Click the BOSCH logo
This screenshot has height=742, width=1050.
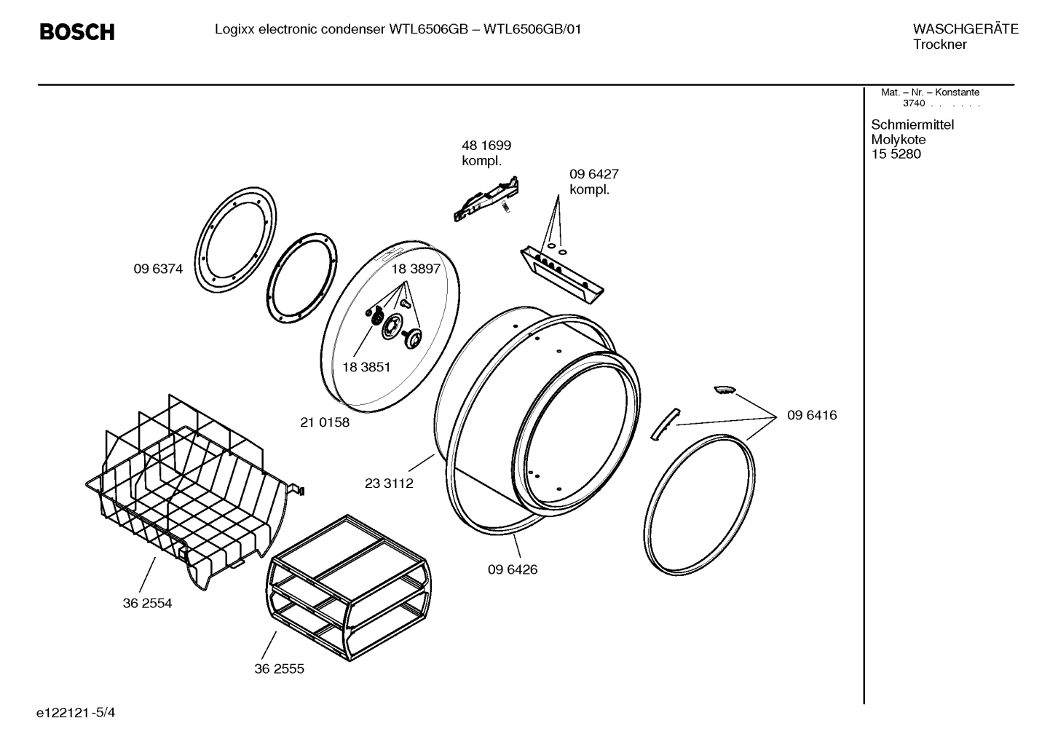pyautogui.click(x=76, y=32)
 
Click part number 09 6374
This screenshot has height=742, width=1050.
pyautogui.click(x=158, y=269)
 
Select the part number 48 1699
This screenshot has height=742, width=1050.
pyautogui.click(x=486, y=146)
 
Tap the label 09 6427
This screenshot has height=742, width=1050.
pyautogui.click(x=593, y=174)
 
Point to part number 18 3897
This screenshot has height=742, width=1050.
pyautogui.click(x=416, y=269)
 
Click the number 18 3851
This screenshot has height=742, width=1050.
pyautogui.click(x=366, y=367)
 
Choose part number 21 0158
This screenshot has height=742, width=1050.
pyautogui.click(x=325, y=422)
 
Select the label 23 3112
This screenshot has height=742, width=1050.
pyautogui.click(x=389, y=484)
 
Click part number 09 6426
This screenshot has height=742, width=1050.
pyautogui.click(x=513, y=569)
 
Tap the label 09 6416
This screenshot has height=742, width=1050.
pyautogui.click(x=812, y=415)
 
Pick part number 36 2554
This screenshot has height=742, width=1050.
pyautogui.click(x=147, y=603)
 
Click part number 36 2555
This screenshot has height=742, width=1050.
pyautogui.click(x=279, y=668)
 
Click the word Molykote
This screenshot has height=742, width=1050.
pyautogui.click(x=898, y=140)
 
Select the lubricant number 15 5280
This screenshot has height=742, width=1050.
pyautogui.click(x=896, y=154)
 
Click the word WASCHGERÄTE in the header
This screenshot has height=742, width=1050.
pyautogui.click(x=965, y=29)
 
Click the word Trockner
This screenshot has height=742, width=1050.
pyautogui.click(x=939, y=44)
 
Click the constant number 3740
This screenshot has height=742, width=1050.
pyautogui.click(x=913, y=103)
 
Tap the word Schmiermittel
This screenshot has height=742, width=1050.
pyautogui.click(x=912, y=125)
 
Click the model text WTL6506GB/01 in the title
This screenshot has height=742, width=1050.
pyautogui.click(x=532, y=29)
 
